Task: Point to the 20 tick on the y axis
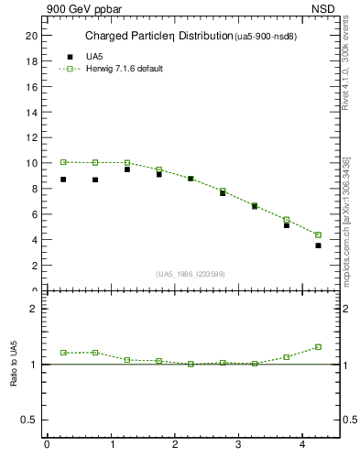click(31, 36)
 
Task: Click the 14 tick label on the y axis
click(31, 113)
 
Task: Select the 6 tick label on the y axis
click(34, 214)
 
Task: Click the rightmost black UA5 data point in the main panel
click(318, 245)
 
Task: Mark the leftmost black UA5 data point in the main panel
click(63, 180)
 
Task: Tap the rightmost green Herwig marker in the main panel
click(318, 235)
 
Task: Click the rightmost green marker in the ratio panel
click(318, 347)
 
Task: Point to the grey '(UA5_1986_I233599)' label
click(190, 275)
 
